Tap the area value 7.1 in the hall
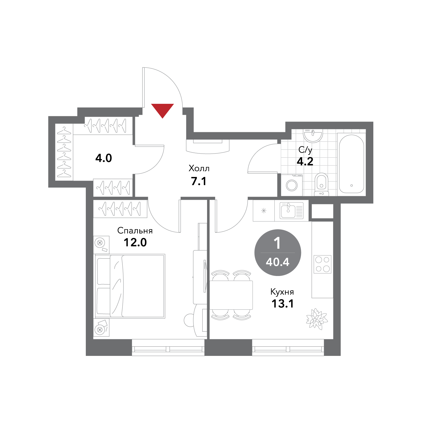point(199,181)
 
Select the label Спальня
point(135,231)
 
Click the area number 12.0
point(135,242)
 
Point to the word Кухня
point(282,292)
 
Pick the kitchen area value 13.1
point(282,304)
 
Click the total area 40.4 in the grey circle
point(278,262)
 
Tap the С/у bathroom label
point(305,150)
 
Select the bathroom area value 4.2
point(305,161)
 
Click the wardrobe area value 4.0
point(104,158)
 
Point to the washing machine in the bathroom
point(292,185)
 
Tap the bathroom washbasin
point(313,135)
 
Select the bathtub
point(351,164)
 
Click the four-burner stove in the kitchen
point(323,264)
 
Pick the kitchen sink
point(291,210)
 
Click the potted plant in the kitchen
point(317,319)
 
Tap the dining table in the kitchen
point(231,295)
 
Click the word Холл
point(199,169)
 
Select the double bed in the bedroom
point(130,286)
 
